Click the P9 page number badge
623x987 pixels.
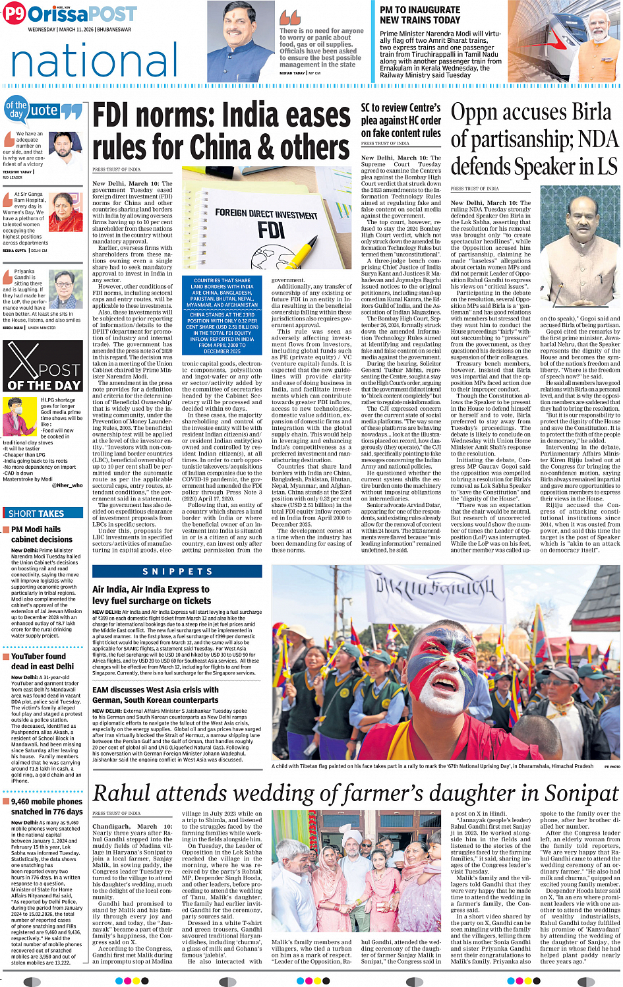coord(14,15)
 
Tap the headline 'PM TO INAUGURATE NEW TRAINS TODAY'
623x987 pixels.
coord(420,15)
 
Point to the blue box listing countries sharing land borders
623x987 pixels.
coord(222,315)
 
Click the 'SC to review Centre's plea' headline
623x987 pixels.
coord(401,120)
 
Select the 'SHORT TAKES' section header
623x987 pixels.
coord(38,513)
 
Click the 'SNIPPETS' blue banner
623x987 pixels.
coord(177,571)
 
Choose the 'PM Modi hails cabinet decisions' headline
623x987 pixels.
coord(42,534)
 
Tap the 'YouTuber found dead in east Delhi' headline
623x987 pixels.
coord(42,661)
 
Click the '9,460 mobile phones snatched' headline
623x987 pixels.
coord(47,806)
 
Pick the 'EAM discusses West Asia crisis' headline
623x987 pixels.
coord(156,695)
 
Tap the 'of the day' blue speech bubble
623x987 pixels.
coord(16,109)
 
